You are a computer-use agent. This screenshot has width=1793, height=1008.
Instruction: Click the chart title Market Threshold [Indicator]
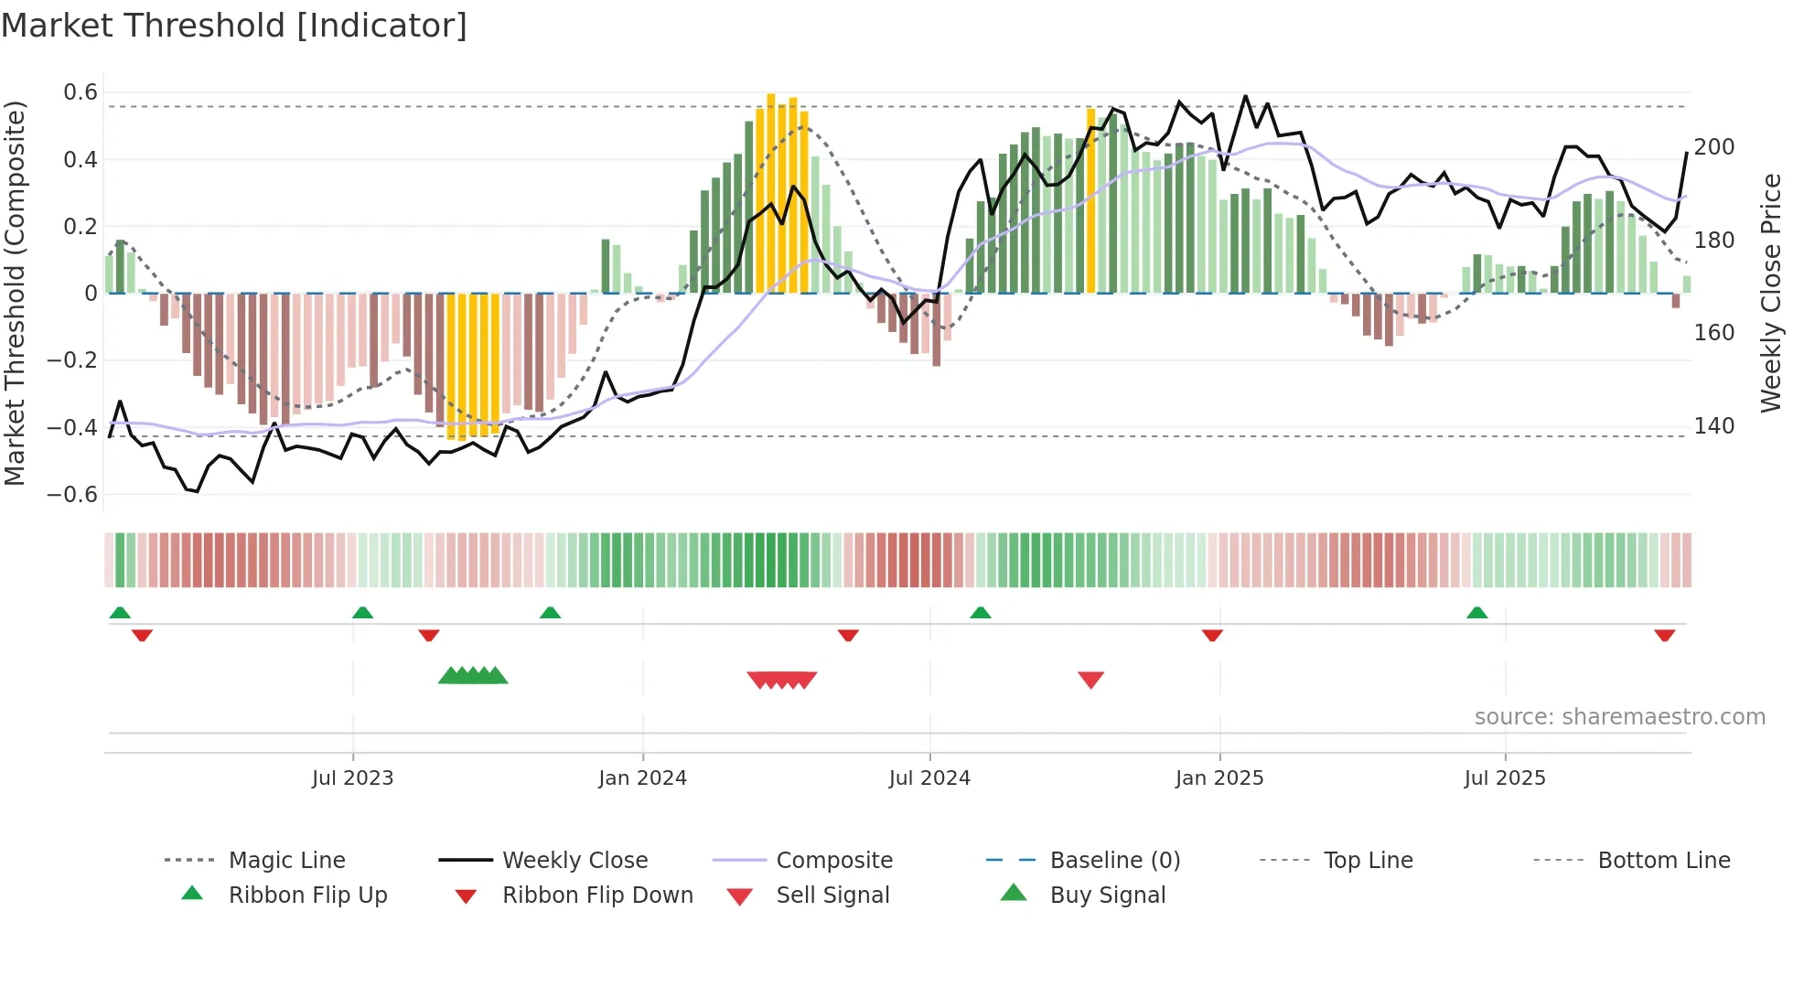tap(234, 26)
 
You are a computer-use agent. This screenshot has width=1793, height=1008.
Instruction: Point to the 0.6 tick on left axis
tap(81, 92)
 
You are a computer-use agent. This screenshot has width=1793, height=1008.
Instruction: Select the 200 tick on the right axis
tap(1713, 147)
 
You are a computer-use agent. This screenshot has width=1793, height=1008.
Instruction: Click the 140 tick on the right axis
tap(1713, 426)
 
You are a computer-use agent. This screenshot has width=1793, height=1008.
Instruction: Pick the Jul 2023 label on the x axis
tap(352, 778)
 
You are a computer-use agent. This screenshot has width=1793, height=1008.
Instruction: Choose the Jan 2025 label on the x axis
tap(1219, 778)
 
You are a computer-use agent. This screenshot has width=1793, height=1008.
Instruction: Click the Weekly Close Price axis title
tap(1771, 293)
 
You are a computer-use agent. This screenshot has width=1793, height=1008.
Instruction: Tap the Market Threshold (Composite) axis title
tap(15, 293)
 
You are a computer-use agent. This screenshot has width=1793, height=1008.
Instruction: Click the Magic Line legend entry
tap(286, 861)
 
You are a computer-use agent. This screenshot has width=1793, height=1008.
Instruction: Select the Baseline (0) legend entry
tap(1114, 861)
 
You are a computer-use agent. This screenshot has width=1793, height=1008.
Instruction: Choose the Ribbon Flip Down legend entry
tap(596, 895)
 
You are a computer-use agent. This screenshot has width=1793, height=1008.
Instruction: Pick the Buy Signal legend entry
tap(1107, 895)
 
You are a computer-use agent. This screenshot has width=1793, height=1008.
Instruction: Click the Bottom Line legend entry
tap(1663, 861)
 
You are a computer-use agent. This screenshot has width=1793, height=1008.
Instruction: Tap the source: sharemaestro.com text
tap(1619, 717)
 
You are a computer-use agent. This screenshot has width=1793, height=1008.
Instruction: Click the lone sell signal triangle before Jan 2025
tap(1090, 680)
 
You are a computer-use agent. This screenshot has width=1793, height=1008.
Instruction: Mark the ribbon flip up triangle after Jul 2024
tap(981, 612)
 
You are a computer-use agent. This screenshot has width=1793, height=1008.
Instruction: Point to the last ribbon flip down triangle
tap(1664, 635)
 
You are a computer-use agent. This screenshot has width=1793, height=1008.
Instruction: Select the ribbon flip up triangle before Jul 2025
tap(1476, 612)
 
